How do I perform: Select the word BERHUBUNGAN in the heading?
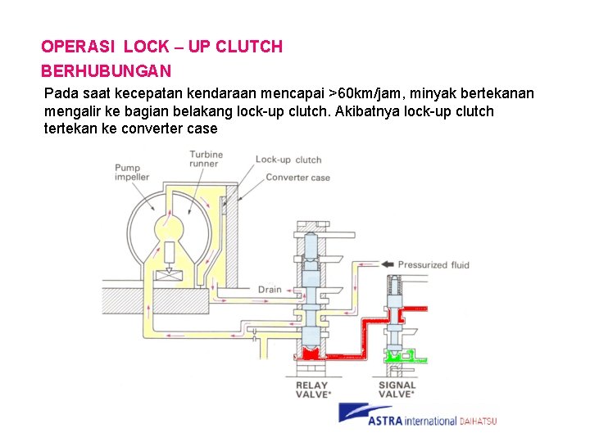pos(106,71)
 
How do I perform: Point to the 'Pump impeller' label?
pos(131,173)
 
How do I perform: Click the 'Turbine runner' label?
pos(205,159)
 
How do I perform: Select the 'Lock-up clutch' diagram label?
pos(288,160)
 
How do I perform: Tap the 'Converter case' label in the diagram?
pos(298,177)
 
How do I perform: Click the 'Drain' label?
pos(270,290)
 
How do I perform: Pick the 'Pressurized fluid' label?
pos(433,264)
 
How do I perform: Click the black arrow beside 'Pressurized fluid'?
pos(384,264)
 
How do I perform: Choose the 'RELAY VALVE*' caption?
pos(311,389)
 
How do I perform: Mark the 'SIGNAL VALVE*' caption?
pos(397,389)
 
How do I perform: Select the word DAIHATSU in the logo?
pos(478,422)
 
